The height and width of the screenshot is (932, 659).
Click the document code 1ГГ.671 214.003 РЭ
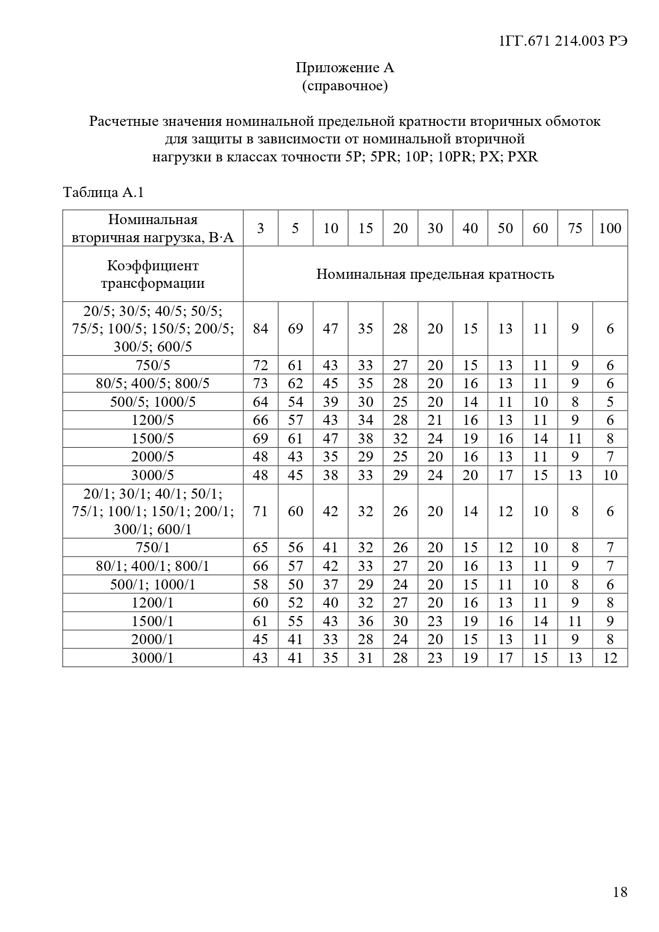[563, 41]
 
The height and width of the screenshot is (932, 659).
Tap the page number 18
[620, 892]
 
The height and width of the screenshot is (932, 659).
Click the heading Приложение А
[345, 68]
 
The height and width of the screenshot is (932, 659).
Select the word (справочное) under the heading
[345, 85]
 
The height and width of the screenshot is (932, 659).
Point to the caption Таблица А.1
[104, 192]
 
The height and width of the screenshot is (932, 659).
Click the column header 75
[575, 228]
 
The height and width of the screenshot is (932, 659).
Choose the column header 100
[610, 228]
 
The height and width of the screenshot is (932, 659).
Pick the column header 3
[260, 228]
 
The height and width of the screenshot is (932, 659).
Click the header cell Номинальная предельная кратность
[435, 274]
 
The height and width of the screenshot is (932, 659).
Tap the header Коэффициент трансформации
[153, 274]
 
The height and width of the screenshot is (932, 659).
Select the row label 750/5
[153, 365]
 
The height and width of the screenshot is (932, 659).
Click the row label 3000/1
[153, 658]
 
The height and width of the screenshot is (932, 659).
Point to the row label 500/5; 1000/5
[153, 402]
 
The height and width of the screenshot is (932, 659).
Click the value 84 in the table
[260, 329]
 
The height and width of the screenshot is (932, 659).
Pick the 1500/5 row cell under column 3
[260, 439]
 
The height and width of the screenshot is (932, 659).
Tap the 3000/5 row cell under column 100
[610, 475]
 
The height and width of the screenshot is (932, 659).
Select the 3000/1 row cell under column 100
[610, 658]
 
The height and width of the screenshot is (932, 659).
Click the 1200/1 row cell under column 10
[330, 603]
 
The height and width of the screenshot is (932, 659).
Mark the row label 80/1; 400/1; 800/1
[153, 566]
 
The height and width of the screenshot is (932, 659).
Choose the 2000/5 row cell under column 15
[365, 457]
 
